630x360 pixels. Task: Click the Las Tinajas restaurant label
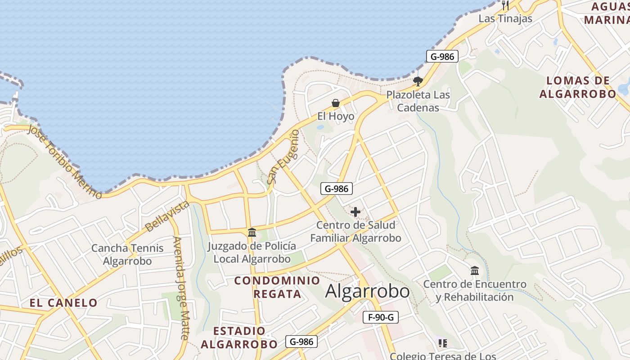point(505,18)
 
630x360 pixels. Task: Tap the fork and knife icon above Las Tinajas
point(505,5)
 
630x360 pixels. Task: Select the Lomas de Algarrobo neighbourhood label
point(578,87)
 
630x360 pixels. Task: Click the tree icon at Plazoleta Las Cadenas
point(418,81)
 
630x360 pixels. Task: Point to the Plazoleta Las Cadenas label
point(418,101)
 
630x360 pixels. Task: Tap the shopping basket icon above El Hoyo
point(336,103)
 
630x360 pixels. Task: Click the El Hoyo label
point(336,116)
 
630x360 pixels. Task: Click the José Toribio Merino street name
point(66,161)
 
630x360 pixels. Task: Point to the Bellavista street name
point(167,216)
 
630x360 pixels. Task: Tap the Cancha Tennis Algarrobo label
point(128,255)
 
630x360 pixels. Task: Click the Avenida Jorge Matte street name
point(181,288)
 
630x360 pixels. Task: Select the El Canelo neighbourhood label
point(63,303)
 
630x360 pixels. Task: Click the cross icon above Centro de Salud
point(355,211)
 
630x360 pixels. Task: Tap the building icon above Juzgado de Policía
point(252,233)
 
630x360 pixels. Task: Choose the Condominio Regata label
point(277,287)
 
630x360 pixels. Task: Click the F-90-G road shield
point(381,317)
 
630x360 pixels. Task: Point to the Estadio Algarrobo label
point(239,338)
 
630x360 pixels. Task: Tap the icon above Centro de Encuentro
point(475,271)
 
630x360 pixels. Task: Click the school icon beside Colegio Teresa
point(442,343)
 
